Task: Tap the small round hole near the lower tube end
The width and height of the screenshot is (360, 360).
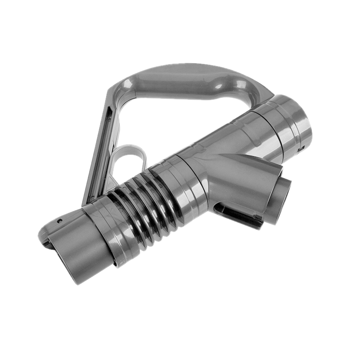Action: click(59, 221)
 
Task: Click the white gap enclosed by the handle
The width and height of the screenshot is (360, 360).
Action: click(180, 121)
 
